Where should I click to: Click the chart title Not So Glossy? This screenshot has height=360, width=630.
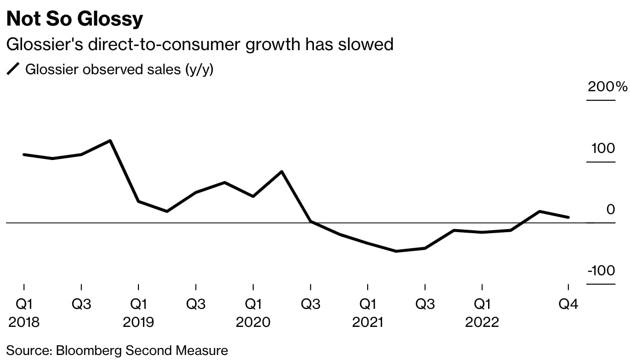coord(75,19)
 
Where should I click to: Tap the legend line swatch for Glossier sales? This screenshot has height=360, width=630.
coord(13,70)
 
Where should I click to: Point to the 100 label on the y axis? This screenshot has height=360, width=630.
coord(602,148)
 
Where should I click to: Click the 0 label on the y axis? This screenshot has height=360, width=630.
coord(610,210)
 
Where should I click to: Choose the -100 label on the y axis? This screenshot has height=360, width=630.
coord(601,271)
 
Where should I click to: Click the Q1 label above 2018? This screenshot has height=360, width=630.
coord(24,304)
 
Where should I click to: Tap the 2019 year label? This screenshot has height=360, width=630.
coord(138,322)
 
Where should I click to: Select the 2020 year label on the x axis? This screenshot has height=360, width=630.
coord(253,322)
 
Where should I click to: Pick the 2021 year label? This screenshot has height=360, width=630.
coord(367,322)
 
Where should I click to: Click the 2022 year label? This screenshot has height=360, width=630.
coord(482,322)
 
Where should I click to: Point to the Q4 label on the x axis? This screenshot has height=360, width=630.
coord(568,304)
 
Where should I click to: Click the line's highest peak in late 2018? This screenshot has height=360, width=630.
coord(110,140)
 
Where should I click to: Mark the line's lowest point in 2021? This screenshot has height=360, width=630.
coord(396,251)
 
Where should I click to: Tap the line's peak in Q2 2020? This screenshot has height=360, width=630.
coord(282,171)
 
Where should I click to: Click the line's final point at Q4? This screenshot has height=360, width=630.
coord(568,217)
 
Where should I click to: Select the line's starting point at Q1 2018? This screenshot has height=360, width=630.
coord(24,154)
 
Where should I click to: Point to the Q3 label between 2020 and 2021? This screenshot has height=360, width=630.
coord(310,304)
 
